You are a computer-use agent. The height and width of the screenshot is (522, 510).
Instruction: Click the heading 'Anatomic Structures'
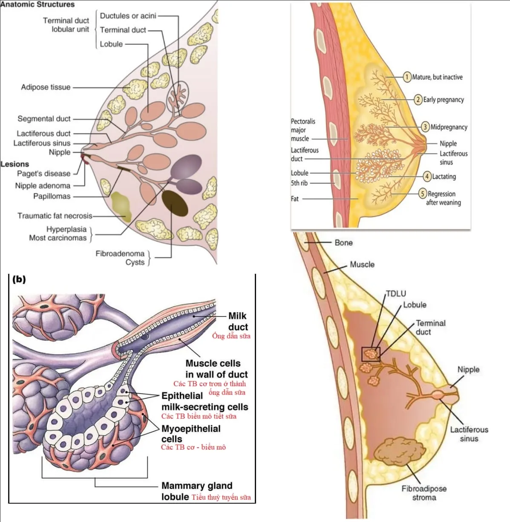[37, 5]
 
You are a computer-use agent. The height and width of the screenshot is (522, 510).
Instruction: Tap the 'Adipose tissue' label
[46, 87]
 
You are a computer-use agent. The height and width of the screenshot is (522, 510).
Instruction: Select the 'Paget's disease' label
[43, 174]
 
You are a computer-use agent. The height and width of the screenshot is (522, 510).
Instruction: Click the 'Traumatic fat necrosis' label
[55, 216]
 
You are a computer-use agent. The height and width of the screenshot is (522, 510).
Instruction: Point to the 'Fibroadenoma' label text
[120, 254]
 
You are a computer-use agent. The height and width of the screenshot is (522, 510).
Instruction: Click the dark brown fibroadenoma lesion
[175, 203]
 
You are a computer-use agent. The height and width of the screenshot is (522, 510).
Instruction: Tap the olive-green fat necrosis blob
[121, 205]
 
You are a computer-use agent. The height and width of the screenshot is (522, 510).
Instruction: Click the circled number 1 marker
[407, 77]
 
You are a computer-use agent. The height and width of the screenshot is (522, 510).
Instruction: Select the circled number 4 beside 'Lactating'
[427, 177]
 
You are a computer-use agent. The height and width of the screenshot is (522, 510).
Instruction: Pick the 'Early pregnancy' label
[443, 100]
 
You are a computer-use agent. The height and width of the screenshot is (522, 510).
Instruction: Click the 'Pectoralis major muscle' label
[303, 130]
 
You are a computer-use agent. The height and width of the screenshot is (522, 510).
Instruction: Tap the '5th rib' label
[299, 183]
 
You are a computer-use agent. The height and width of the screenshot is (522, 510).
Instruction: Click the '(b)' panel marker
[19, 279]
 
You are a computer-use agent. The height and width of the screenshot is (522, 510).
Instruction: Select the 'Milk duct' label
[237, 322]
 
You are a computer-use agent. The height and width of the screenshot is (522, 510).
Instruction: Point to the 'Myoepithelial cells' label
[190, 434]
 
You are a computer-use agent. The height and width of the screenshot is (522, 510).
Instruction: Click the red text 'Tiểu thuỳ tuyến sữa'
[221, 497]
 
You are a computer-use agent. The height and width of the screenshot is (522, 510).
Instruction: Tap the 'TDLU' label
[396, 294]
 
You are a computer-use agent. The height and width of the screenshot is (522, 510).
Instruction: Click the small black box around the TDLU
[370, 354]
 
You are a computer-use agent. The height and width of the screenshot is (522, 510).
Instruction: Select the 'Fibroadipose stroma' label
[424, 493]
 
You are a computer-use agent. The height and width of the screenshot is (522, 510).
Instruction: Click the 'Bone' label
[343, 243]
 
